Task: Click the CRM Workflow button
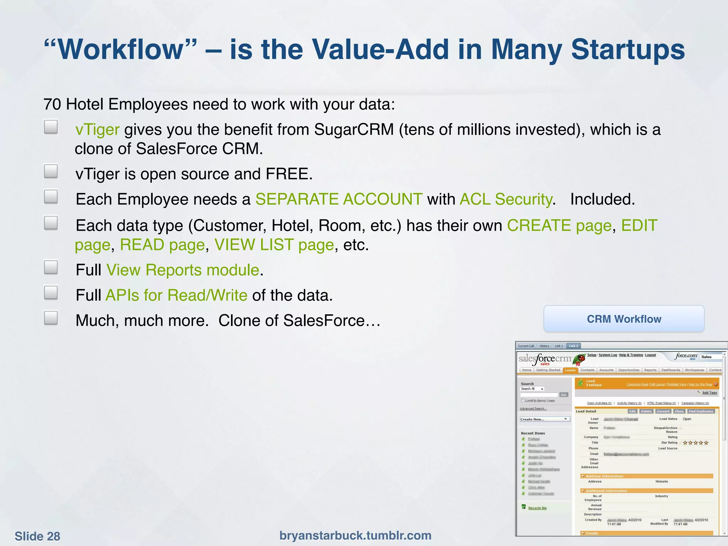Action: click(x=624, y=319)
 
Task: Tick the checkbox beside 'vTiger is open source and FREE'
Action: click(x=51, y=171)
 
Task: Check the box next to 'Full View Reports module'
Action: click(x=51, y=267)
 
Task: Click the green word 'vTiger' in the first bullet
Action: click(x=97, y=129)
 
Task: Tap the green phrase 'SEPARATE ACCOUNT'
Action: click(x=339, y=199)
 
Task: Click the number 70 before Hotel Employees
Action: click(x=52, y=104)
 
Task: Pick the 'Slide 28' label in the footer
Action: click(x=37, y=536)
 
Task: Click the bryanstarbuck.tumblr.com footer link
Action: click(x=355, y=535)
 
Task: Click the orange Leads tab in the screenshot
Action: click(x=570, y=370)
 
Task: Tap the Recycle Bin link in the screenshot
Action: click(x=537, y=508)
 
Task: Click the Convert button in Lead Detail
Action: click(x=663, y=411)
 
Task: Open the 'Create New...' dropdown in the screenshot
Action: click(x=545, y=419)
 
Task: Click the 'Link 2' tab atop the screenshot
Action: click(x=573, y=346)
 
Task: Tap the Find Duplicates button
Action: click(x=701, y=411)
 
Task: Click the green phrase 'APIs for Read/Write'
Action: click(x=176, y=295)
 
